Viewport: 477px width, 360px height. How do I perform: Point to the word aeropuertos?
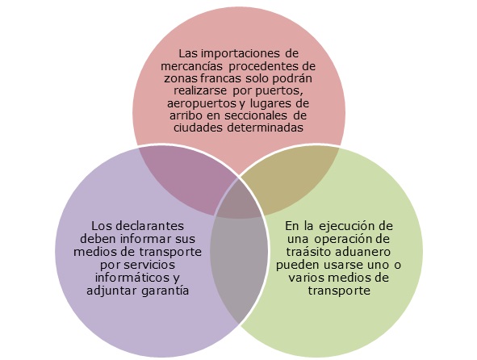[x=201, y=104]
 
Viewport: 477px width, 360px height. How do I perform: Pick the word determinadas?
[x=266, y=128]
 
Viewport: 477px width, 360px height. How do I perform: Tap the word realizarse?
[x=200, y=91]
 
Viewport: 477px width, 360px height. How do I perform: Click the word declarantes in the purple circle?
[x=149, y=226]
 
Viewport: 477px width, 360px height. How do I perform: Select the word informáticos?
[x=133, y=278]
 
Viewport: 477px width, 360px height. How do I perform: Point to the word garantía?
[x=165, y=291]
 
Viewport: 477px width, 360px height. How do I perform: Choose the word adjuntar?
[x=111, y=291]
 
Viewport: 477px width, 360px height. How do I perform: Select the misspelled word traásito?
[x=308, y=253]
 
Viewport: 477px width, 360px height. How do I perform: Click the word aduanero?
[x=361, y=253]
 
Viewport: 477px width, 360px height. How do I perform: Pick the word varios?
[x=305, y=278]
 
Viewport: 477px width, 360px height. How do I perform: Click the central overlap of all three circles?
[x=239, y=202]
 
